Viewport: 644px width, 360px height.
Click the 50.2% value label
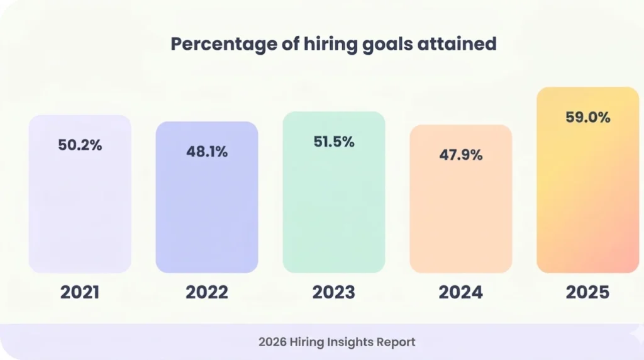click(x=80, y=145)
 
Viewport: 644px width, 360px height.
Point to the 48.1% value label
click(x=207, y=152)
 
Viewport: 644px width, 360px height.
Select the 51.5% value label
click(x=334, y=142)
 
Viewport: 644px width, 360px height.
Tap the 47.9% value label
click(x=461, y=155)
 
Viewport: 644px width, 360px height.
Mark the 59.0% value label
click(x=588, y=117)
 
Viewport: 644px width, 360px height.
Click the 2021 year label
click(x=80, y=292)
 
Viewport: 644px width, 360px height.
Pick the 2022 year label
click(x=207, y=292)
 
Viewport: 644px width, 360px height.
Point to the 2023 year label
click(x=334, y=292)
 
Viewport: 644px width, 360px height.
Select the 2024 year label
click(x=461, y=292)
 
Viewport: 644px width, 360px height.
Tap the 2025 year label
click(x=588, y=292)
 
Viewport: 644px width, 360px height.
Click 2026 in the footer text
click(x=272, y=342)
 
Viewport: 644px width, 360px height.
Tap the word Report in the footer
click(x=396, y=342)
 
